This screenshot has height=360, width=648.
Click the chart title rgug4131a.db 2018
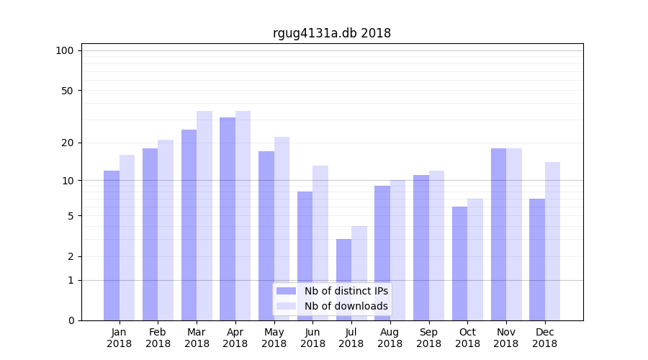click(x=332, y=33)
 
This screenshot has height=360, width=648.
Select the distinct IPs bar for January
click(x=112, y=246)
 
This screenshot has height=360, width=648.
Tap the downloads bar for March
click(x=204, y=215)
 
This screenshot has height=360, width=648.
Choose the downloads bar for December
click(x=552, y=241)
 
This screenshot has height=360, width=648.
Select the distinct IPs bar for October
click(x=459, y=264)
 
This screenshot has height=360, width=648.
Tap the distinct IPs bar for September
click(x=421, y=248)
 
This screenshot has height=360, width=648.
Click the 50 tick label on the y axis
click(x=68, y=91)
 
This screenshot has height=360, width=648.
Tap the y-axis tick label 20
click(x=68, y=143)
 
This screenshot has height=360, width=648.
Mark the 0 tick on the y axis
click(x=71, y=320)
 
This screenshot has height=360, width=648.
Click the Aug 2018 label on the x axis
click(x=390, y=338)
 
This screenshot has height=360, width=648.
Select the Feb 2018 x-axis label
click(x=158, y=338)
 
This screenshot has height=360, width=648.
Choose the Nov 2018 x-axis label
click(x=506, y=338)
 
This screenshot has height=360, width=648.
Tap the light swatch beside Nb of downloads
click(x=286, y=306)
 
